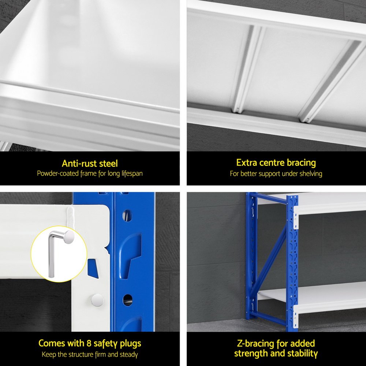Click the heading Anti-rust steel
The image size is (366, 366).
pos(90,163)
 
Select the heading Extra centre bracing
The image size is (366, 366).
pos(276,163)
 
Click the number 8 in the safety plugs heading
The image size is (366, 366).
pos(89,343)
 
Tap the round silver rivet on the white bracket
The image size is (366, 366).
pos(97,300)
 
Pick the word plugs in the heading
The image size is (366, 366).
pos(131,344)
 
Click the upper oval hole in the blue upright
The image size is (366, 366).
pos(127,216)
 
